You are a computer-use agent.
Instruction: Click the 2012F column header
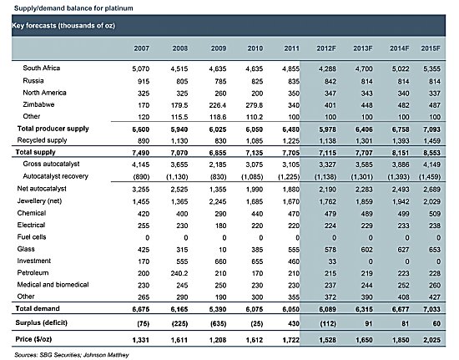pos(326,48)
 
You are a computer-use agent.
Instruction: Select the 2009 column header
pos(219,48)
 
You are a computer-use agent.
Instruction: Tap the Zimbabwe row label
pos(38,104)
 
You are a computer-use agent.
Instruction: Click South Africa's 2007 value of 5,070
pos(140,68)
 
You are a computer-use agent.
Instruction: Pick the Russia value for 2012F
pos(330,81)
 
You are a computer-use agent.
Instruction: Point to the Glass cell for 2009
pos(223,250)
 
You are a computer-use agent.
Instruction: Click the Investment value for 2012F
pos(332,261)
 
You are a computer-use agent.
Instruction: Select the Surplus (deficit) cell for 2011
pos(293,324)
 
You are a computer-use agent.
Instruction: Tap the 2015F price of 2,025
pos(431,340)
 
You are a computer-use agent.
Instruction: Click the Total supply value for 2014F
pos(401,153)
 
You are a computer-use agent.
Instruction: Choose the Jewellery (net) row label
pos(39,201)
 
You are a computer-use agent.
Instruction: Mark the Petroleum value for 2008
pos(179,273)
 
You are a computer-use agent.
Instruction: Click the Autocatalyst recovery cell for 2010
pos(252,177)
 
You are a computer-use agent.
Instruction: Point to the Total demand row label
pos(38,308)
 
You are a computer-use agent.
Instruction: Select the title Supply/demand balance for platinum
pos(73,8)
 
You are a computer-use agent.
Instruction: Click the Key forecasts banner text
pos(63,26)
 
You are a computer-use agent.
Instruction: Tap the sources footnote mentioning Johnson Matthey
pos(72,355)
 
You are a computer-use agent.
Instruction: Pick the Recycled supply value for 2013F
pos(364,141)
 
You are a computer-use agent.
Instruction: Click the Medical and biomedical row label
pos(53,285)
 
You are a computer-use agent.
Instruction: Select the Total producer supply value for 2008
pos(179,129)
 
